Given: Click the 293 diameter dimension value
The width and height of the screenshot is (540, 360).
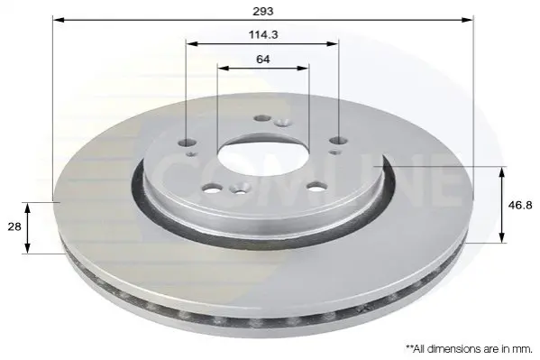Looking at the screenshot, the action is (x=263, y=12).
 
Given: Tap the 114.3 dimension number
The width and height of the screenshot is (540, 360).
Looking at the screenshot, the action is (x=263, y=34).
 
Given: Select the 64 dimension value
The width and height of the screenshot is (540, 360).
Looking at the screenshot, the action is (x=262, y=60).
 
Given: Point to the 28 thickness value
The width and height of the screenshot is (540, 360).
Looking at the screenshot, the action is (x=14, y=226).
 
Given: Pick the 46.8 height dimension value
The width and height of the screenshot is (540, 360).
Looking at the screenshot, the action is (x=520, y=206).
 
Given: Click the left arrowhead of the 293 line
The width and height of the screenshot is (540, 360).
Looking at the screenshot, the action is (x=59, y=20).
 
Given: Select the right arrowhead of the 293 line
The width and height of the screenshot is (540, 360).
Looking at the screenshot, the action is (x=467, y=20).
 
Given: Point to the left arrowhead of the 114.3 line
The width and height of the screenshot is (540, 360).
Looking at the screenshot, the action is (x=192, y=44).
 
